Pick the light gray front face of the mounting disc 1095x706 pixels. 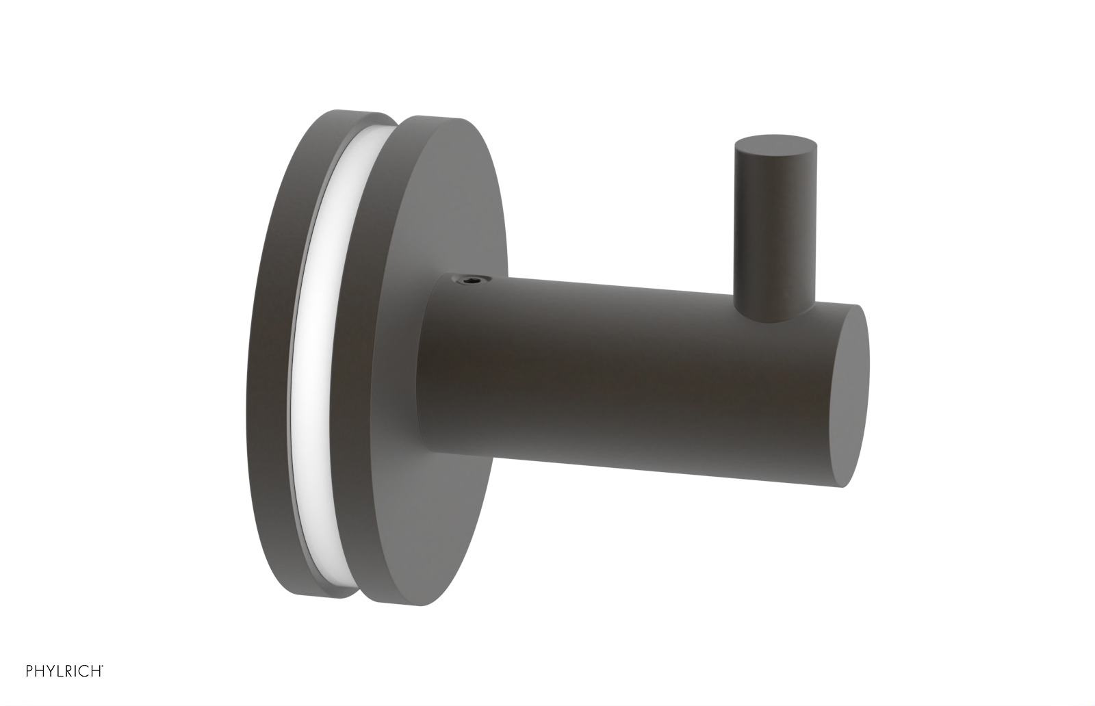pos(465,205)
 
